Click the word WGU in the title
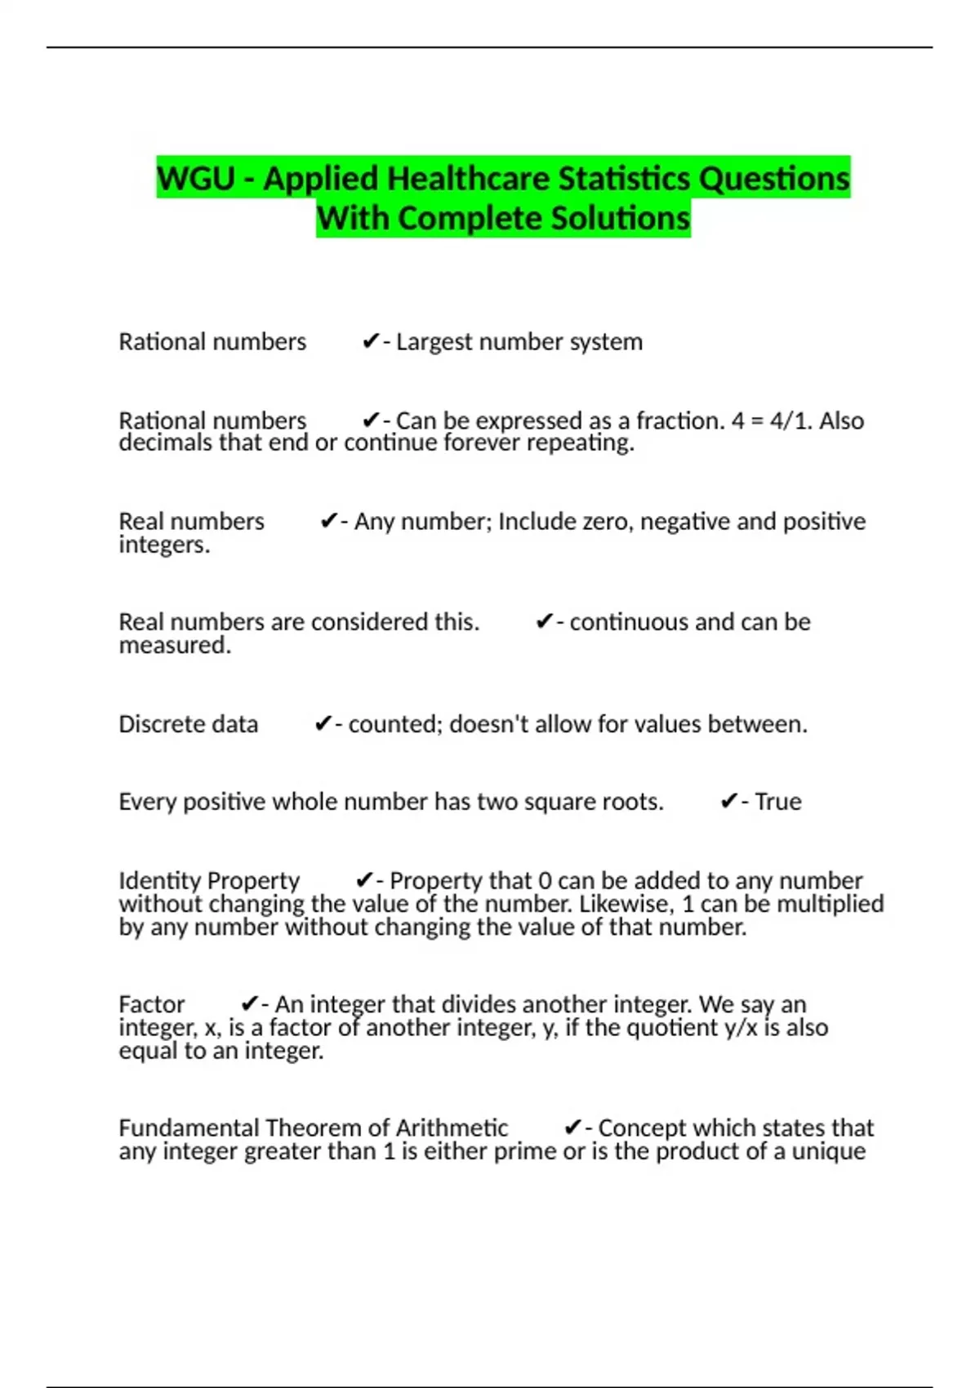point(196,179)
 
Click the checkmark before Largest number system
point(370,341)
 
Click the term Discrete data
point(188,724)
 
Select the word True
point(777,802)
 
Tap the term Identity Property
point(209,881)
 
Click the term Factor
point(152,1004)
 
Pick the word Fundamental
point(189,1128)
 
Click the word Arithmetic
point(452,1128)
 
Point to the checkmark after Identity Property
point(364,881)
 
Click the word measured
point(174,646)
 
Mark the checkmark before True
point(728,802)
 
